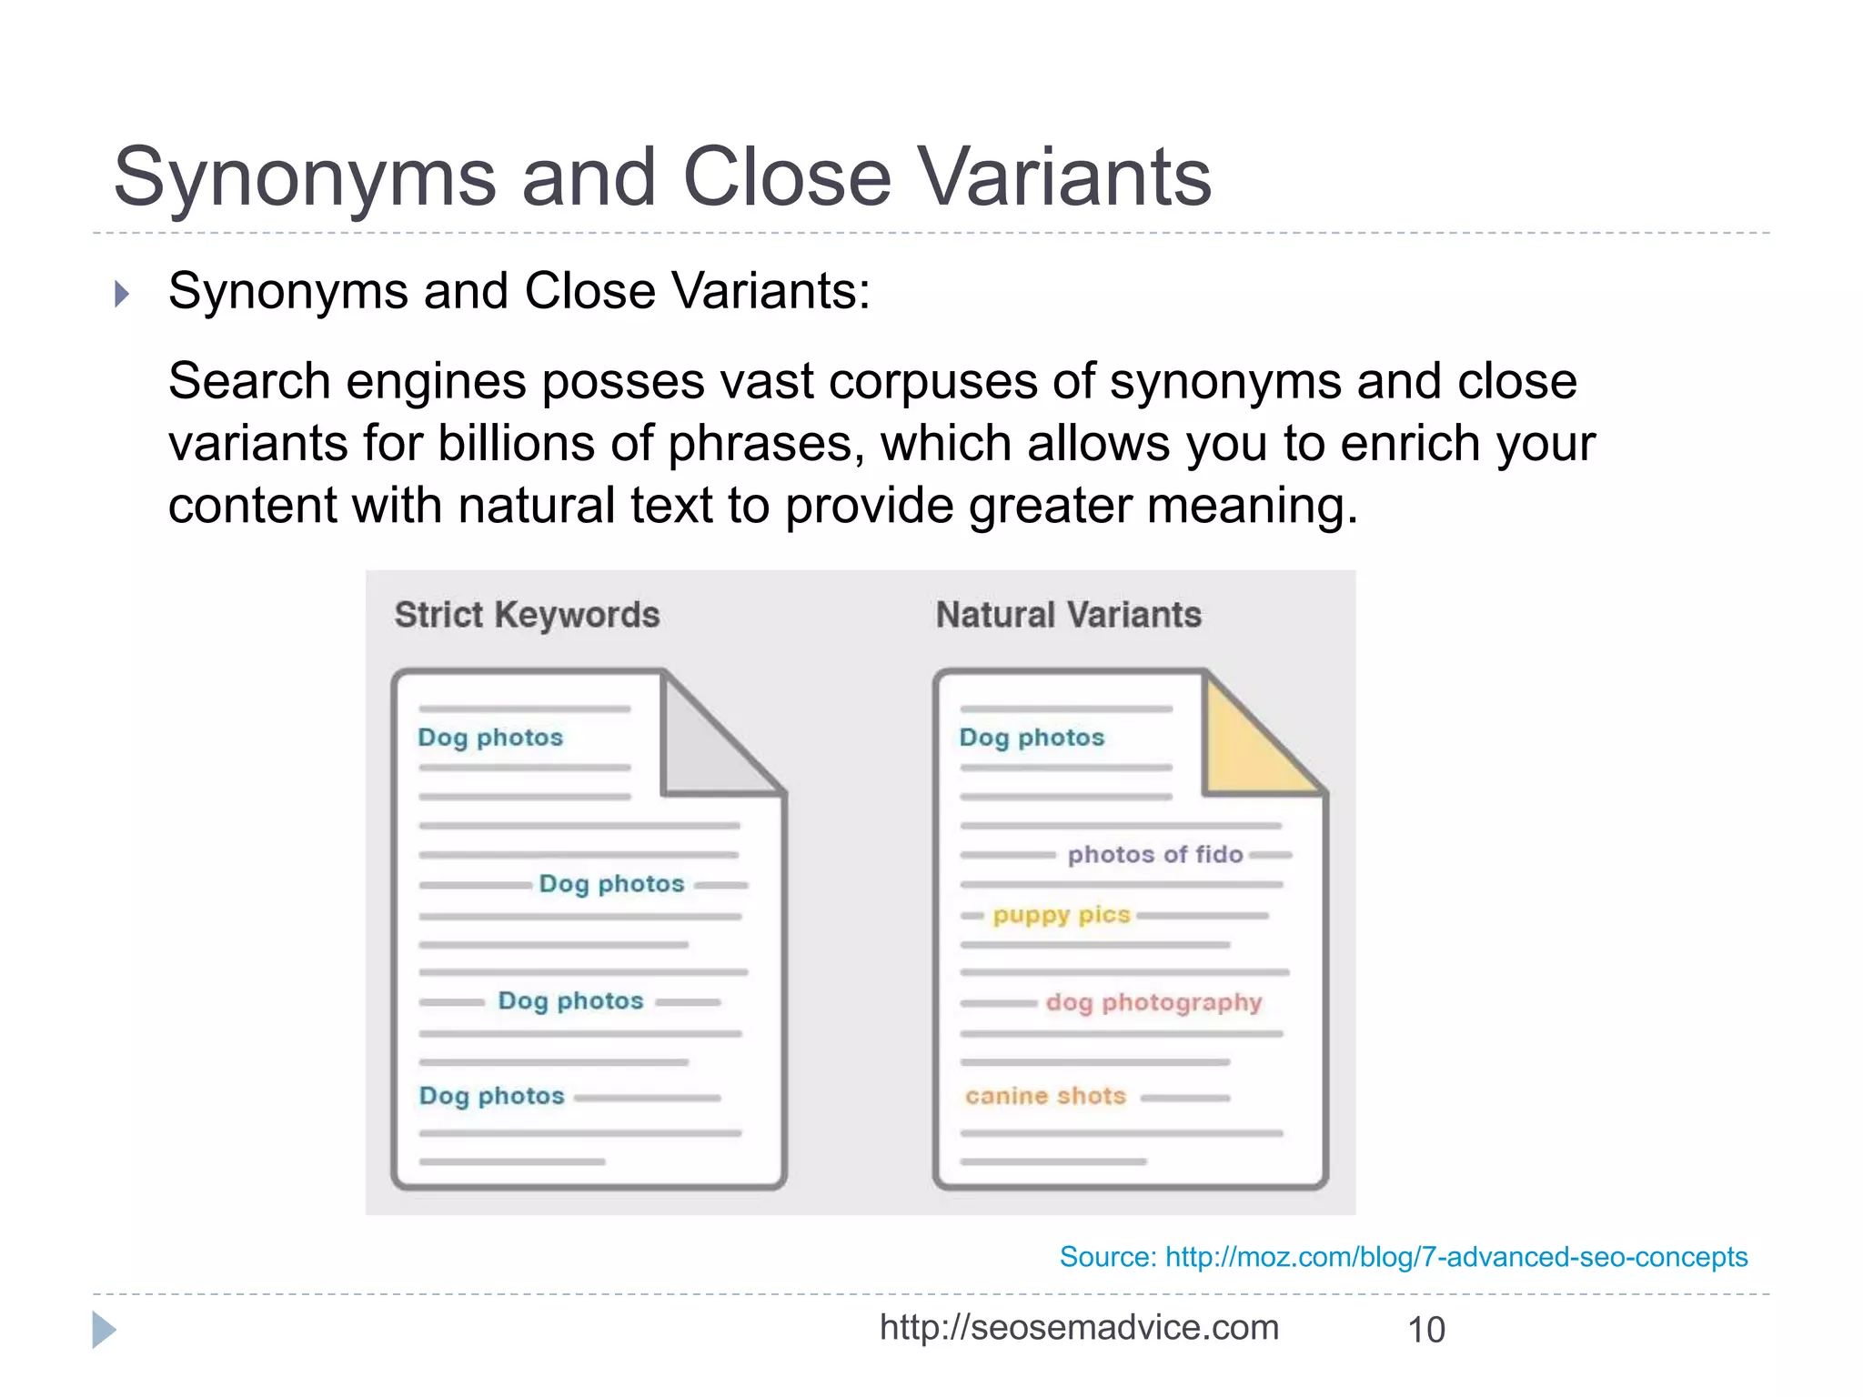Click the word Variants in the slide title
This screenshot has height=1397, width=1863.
click(x=1062, y=177)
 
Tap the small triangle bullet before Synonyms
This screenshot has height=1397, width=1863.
click(x=122, y=294)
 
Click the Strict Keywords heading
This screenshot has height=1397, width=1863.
click(x=527, y=615)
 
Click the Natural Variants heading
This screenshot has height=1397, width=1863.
click(x=1069, y=615)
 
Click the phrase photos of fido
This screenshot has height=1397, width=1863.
click(x=1154, y=854)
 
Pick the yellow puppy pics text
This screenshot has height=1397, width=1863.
click(x=1061, y=914)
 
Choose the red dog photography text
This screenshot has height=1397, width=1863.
click(x=1153, y=1002)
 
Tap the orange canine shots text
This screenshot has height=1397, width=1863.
click(x=1045, y=1096)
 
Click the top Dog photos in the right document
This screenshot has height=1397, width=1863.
click(x=1032, y=737)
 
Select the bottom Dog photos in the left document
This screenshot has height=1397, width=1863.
click(x=491, y=1096)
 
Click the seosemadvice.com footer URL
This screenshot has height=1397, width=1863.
click(x=1079, y=1328)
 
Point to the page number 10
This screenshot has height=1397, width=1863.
click(x=1425, y=1330)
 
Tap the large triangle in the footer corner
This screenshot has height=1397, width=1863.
click(x=104, y=1330)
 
